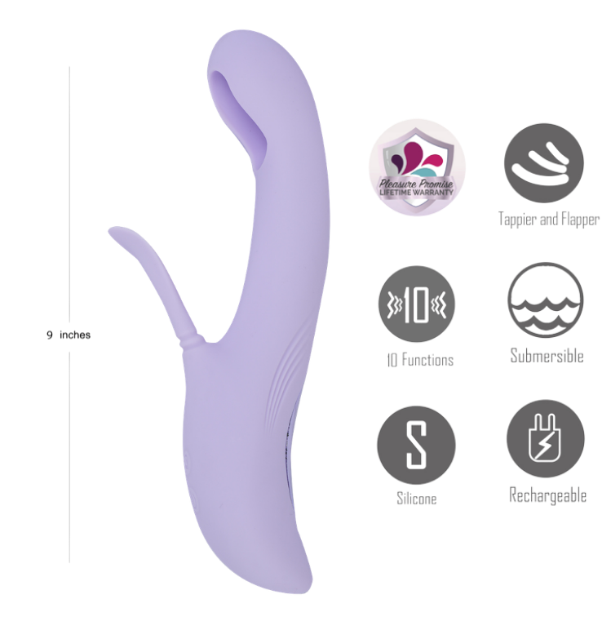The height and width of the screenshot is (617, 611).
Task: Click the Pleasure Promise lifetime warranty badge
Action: (417, 167)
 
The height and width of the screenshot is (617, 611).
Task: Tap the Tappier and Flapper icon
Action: (544, 163)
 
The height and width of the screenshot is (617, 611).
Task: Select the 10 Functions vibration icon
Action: (417, 304)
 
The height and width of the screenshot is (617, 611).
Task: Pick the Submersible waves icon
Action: (545, 300)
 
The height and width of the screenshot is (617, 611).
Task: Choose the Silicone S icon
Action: (416, 445)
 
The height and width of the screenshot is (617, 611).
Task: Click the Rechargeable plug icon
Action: (545, 439)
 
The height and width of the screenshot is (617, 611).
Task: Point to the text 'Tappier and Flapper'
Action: (549, 220)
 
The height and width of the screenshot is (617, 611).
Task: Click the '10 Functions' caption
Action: (420, 360)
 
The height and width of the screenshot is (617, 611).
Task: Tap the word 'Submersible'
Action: (547, 356)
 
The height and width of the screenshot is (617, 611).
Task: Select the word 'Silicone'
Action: (417, 499)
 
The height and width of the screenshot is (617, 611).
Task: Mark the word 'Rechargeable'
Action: (547, 495)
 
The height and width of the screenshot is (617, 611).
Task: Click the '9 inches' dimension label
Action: (69, 335)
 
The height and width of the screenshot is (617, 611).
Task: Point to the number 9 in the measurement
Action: (50, 335)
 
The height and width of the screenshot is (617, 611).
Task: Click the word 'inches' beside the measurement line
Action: (75, 335)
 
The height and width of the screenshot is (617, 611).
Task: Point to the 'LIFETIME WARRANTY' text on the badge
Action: (416, 193)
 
